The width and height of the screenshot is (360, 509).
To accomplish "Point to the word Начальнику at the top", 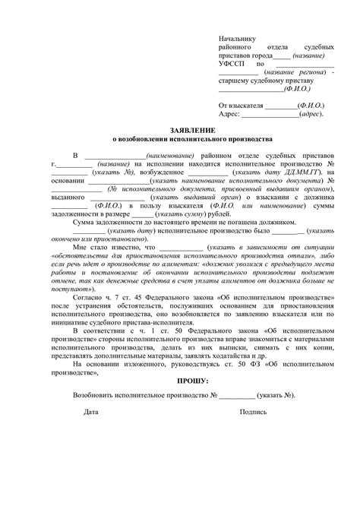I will tap(237, 37).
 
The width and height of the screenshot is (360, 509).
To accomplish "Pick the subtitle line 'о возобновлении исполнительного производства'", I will tap(180, 141).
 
